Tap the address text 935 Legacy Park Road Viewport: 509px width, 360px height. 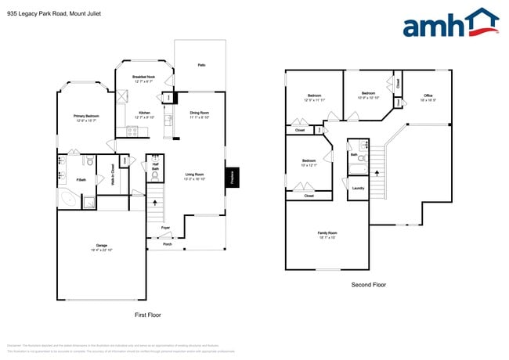pos(54,13)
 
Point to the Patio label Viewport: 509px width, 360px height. pos(201,65)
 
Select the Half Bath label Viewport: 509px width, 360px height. pos(155,167)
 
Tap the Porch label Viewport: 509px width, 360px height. pos(168,244)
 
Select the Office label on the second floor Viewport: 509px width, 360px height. pos(428,97)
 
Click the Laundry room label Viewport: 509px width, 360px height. pos(358,188)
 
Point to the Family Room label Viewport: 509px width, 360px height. pos(327,234)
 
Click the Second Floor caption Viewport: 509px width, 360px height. pos(369,286)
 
